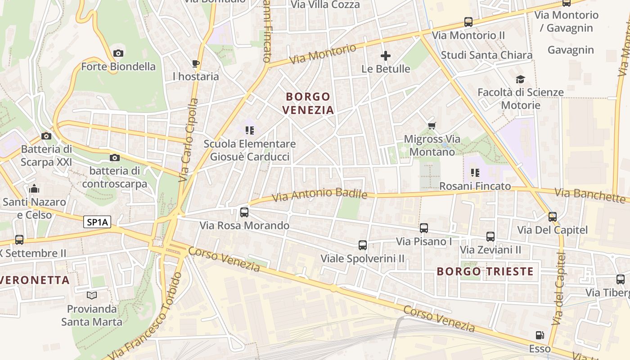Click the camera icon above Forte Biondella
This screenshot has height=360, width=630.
[118, 54]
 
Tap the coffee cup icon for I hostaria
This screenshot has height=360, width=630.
[195, 63]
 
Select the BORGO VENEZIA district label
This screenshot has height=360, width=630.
[309, 103]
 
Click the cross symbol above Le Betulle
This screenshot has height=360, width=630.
[386, 56]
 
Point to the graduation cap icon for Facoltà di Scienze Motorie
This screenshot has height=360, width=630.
[520, 79]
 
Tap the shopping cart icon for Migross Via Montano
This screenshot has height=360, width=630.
[432, 126]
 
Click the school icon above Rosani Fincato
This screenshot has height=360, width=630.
[475, 172]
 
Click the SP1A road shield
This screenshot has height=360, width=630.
[97, 222]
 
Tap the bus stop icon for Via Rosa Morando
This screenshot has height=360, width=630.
[244, 212]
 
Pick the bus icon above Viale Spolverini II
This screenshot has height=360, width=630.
[363, 245]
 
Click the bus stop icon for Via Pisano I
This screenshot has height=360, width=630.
[424, 228]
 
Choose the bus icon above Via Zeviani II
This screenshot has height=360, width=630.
[490, 236]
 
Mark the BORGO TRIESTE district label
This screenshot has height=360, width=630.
[485, 271]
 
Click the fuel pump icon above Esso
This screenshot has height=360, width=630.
[540, 335]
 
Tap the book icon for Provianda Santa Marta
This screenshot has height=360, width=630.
[92, 296]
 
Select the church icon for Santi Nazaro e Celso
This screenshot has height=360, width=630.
[34, 189]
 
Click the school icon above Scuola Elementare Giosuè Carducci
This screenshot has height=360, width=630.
[250, 130]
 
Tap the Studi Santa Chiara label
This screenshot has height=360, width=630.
[486, 55]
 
